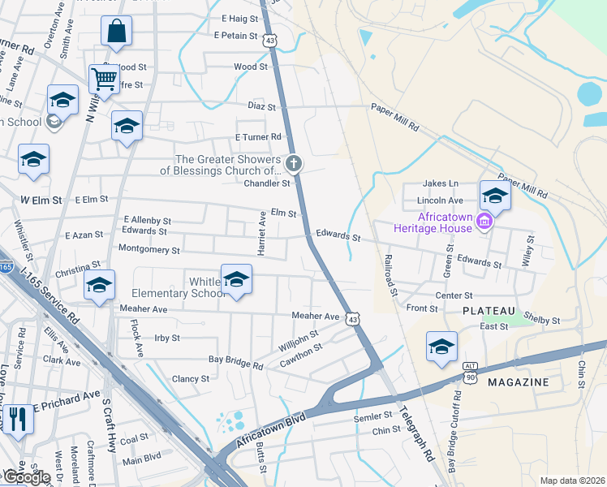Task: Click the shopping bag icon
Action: [117, 32]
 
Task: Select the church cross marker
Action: [294, 165]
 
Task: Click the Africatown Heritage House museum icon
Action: [484, 221]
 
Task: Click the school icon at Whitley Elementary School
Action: [236, 280]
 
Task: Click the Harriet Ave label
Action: [262, 234]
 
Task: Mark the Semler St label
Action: [372, 415]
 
